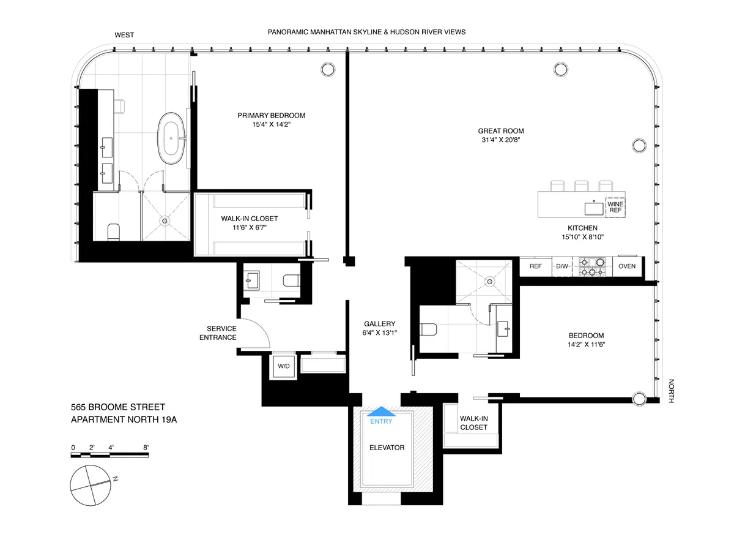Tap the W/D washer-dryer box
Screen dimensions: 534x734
tap(283, 366)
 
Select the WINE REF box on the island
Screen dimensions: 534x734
tap(615, 206)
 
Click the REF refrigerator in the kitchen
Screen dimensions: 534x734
tap(535, 266)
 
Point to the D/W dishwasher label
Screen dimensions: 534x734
tap(562, 266)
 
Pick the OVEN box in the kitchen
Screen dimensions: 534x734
tap(627, 266)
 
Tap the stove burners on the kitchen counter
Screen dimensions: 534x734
tap(592, 266)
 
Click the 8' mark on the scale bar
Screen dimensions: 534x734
tap(147, 448)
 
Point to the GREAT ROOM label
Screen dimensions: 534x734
tap(501, 130)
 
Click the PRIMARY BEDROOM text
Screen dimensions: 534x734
tap(271, 115)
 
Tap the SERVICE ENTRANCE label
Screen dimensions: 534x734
tap(221, 333)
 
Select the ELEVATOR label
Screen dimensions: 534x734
tap(387, 448)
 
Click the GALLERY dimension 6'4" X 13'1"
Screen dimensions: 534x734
tap(379, 333)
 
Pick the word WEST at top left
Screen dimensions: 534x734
tap(124, 35)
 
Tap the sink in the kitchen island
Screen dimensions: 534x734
tap(593, 208)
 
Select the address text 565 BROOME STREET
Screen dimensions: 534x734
tap(117, 407)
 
